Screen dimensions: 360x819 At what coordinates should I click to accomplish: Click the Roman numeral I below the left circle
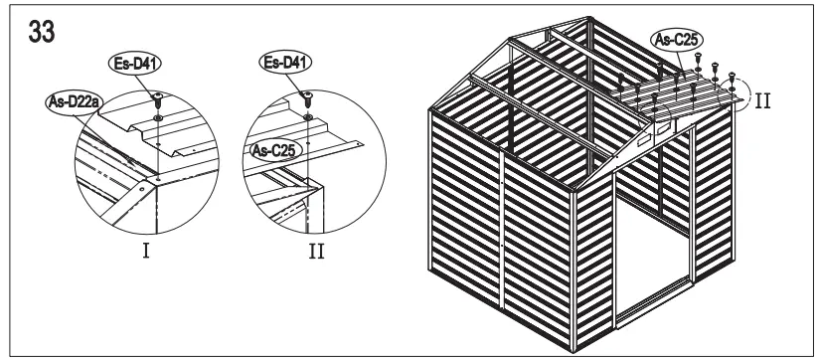[145, 250]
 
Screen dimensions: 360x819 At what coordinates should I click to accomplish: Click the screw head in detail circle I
[157, 96]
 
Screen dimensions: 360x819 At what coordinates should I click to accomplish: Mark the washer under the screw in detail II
[308, 116]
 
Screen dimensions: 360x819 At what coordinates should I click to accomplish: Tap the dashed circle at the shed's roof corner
[741, 93]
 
